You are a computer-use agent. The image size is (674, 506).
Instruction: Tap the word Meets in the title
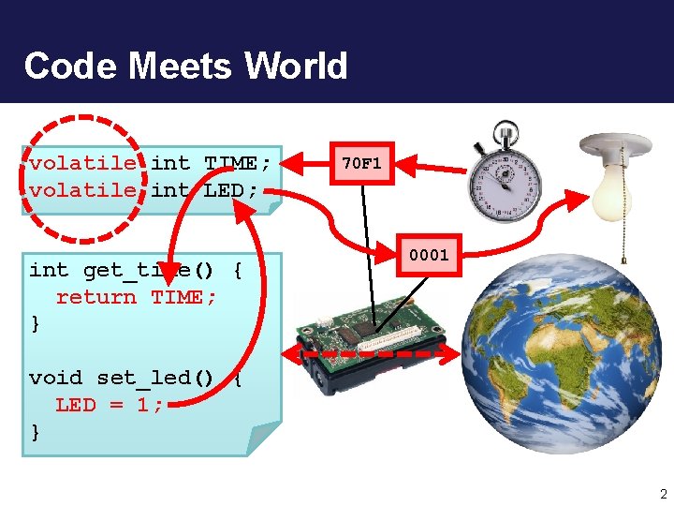pyautogui.click(x=182, y=66)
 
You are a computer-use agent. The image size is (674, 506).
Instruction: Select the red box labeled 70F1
pyautogui.click(x=360, y=163)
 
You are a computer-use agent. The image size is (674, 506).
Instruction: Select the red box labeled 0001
pyautogui.click(x=428, y=254)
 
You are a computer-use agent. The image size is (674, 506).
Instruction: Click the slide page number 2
pyautogui.click(x=662, y=494)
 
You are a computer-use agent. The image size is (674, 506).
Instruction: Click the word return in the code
pyautogui.click(x=96, y=297)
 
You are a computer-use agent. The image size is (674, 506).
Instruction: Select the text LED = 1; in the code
pyautogui.click(x=110, y=405)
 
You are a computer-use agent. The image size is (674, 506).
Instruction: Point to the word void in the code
pyautogui.click(x=56, y=378)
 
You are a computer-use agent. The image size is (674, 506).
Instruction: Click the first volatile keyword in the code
pyautogui.click(x=82, y=164)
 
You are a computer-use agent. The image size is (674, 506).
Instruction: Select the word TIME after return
pyautogui.click(x=183, y=297)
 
